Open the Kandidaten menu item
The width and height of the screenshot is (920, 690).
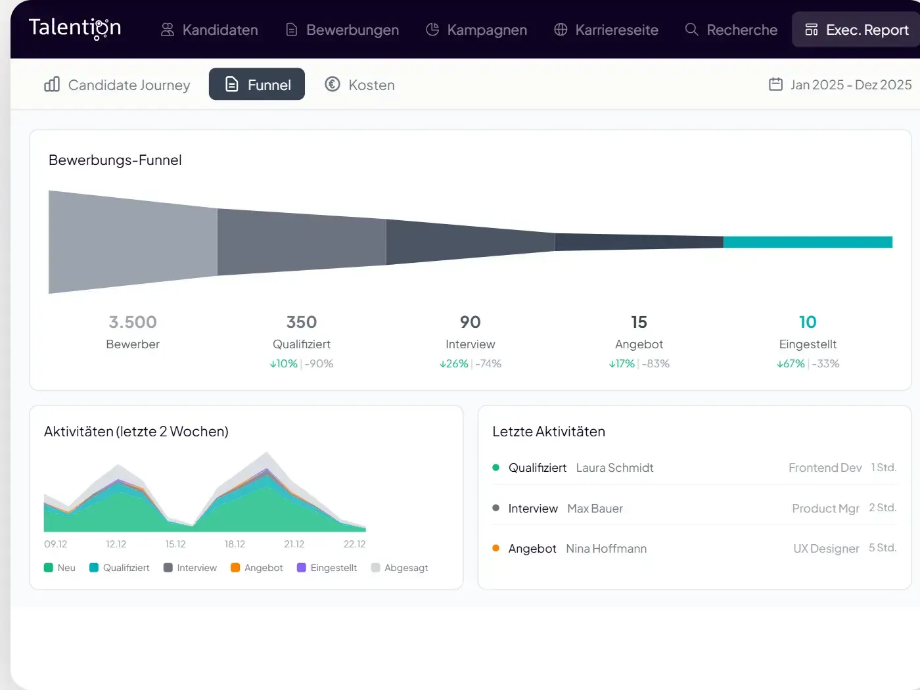pos(210,30)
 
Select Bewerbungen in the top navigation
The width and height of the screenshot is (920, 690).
pos(342,30)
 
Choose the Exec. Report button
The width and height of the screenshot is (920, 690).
pos(857,30)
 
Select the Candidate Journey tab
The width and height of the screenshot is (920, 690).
pos(118,85)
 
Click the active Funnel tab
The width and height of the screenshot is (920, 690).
pos(257,85)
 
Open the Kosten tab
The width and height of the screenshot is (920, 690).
pos(360,85)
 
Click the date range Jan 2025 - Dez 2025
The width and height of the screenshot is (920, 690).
pos(840,85)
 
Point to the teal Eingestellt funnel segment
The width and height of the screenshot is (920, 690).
pos(808,242)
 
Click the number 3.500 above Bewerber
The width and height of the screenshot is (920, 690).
pos(133,322)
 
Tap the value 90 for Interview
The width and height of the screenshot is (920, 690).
pos(471,322)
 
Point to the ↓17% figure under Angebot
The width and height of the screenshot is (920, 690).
pos(622,363)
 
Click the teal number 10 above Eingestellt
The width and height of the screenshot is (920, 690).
pos(808,322)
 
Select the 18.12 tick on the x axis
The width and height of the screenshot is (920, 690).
pos(235,544)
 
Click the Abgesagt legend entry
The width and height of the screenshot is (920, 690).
pos(400,568)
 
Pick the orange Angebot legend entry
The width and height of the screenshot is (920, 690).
pos(257,568)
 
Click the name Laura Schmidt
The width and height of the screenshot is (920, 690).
pos(614,468)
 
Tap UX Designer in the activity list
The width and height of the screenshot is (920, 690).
pos(826,549)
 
